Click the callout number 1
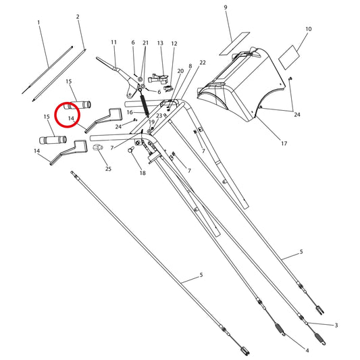(x=38, y=22)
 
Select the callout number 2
(x=78, y=16)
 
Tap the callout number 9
(x=226, y=7)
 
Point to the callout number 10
(x=309, y=29)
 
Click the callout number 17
(x=284, y=143)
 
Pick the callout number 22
(x=203, y=62)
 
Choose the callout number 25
(x=108, y=169)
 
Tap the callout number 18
(x=143, y=173)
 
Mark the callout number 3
(x=336, y=325)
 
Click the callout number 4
(x=307, y=351)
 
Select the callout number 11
(x=113, y=43)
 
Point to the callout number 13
(x=160, y=43)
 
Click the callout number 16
(x=130, y=112)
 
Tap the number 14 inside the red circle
(x=71, y=118)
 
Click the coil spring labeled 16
(x=144, y=103)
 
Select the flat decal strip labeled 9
(x=234, y=44)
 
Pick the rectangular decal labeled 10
(x=289, y=57)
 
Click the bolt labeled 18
(x=130, y=149)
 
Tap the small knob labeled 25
(x=97, y=147)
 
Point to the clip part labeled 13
(x=159, y=78)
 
